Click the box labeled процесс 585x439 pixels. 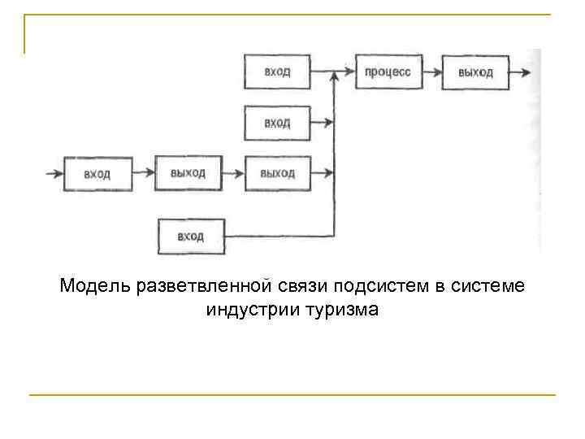click(388, 72)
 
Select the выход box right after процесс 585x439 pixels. click(475, 72)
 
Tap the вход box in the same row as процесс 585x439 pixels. click(277, 72)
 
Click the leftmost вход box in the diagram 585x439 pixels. click(97, 173)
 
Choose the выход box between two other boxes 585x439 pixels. click(188, 173)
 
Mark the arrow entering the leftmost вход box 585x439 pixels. click(54, 173)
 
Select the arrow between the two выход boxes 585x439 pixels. click(232, 173)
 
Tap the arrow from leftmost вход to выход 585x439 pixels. click(142, 173)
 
